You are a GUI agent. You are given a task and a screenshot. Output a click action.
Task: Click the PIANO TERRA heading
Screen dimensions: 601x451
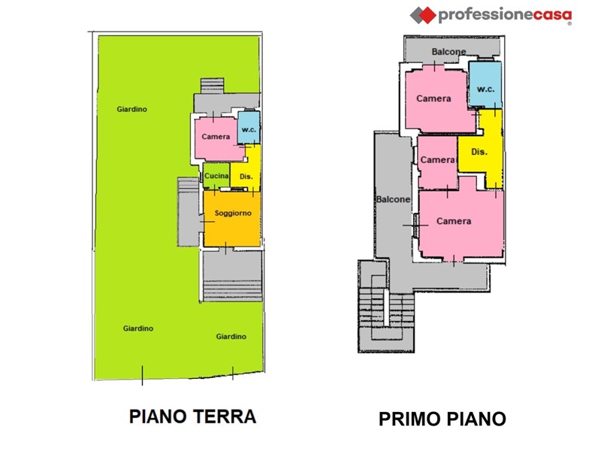[192, 416]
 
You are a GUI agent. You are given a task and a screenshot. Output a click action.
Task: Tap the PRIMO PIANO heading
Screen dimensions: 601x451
[442, 419]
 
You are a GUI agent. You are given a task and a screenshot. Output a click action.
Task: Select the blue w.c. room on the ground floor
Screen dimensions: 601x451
[249, 128]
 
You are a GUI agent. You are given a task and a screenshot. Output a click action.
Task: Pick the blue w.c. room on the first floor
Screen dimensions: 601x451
[485, 85]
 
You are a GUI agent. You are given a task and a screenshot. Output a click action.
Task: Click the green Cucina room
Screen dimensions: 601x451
[216, 176]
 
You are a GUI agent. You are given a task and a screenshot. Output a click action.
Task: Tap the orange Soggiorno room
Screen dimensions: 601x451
[232, 219]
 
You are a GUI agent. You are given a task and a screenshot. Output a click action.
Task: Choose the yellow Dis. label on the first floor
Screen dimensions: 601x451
[479, 152]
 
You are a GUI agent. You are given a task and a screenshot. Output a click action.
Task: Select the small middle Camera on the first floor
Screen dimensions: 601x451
[438, 162]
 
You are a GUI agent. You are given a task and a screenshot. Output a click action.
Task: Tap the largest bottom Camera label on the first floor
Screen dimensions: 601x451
[454, 221]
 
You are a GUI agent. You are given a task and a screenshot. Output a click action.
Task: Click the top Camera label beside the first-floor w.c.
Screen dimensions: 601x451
[433, 98]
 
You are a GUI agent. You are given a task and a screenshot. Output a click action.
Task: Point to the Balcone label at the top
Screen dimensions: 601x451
[448, 51]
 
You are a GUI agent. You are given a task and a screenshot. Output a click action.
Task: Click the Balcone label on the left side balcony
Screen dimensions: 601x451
[393, 199]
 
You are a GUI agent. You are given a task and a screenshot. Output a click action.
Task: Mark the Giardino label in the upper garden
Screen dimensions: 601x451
[132, 109]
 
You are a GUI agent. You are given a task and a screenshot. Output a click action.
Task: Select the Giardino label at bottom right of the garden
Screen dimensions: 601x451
[231, 336]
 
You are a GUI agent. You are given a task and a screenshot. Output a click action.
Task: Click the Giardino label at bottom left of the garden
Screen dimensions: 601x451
[138, 328]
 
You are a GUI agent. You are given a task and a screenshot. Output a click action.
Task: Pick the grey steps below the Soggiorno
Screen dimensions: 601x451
[232, 291]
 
